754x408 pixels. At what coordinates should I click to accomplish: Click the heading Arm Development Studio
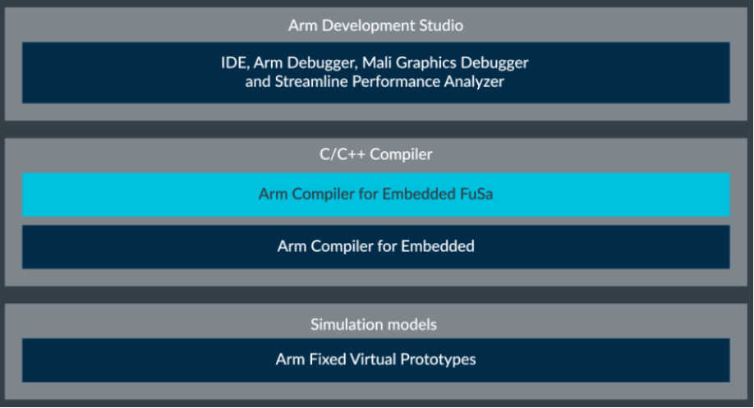375,25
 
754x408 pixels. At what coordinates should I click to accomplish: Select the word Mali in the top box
377,62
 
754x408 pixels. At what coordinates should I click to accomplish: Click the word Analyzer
474,82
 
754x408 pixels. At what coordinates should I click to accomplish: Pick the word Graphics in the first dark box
426,63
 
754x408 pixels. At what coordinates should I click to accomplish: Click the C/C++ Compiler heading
376,154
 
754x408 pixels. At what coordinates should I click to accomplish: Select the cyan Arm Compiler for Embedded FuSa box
375,195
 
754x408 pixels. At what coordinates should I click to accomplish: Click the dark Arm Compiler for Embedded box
375,247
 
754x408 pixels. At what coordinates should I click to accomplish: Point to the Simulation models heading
374,324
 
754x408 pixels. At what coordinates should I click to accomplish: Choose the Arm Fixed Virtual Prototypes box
375,360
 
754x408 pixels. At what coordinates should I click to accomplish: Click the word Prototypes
438,360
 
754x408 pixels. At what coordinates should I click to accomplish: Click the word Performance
396,81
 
